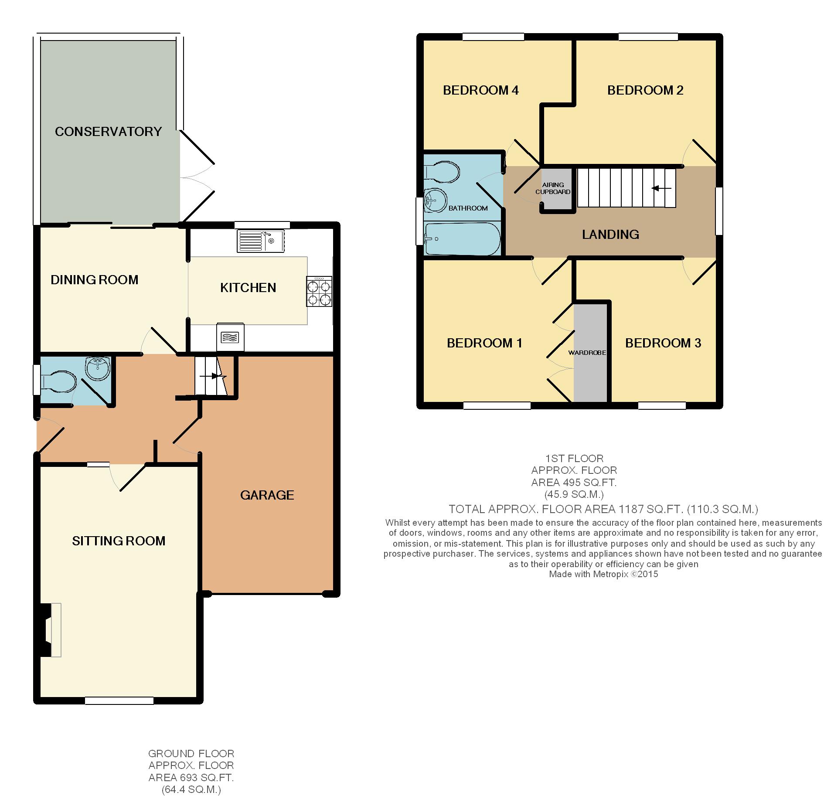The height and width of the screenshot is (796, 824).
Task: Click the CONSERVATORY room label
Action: coord(108,132)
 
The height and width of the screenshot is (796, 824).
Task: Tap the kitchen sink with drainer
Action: coord(261,241)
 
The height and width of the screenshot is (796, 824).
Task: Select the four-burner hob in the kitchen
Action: coord(320,292)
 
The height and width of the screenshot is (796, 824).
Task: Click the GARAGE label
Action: coord(267,495)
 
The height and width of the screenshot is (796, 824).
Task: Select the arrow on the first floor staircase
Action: coord(661,188)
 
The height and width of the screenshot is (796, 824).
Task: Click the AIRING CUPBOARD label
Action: coord(553,188)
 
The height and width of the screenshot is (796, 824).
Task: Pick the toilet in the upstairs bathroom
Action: coord(442,173)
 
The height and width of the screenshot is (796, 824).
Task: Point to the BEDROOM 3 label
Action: coord(663,343)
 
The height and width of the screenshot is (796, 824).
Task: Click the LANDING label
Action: coord(610,235)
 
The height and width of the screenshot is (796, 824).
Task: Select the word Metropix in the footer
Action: coord(609,574)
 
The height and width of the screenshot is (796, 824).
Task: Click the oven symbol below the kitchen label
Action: coord(230,337)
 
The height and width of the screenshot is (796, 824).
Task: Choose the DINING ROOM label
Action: coord(95,280)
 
